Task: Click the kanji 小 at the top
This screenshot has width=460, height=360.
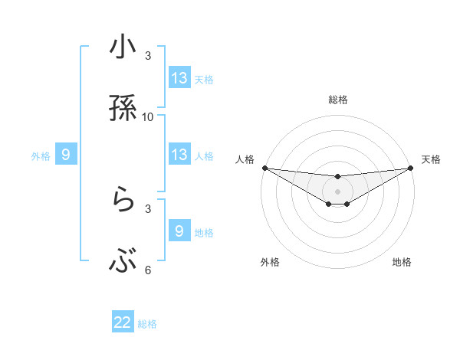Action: coord(123,49)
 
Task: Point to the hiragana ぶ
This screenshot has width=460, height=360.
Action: coord(123,263)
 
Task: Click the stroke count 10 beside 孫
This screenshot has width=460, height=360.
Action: coord(148,116)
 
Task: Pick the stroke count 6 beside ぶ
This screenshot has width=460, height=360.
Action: coord(148,270)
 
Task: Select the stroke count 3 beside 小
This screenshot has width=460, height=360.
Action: coord(148,56)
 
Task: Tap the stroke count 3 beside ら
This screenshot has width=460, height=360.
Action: coord(148,208)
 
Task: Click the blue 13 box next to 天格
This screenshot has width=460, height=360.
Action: coord(179,78)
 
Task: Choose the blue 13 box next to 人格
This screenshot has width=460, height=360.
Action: coord(179,155)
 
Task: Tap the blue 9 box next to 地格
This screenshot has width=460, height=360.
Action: coord(179,231)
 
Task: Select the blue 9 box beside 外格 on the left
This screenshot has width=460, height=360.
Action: coord(66,155)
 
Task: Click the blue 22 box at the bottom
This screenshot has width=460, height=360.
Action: coord(123,322)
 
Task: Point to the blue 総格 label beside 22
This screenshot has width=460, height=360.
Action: coord(147,324)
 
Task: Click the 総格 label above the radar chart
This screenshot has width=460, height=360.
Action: coord(338,100)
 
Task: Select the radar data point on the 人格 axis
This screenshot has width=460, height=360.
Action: coord(264,168)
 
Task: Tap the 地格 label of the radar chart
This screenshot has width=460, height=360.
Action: coord(402,262)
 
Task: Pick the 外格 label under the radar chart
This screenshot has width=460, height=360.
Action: coord(270,262)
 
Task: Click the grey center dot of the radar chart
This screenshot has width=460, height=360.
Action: coord(338,191)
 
